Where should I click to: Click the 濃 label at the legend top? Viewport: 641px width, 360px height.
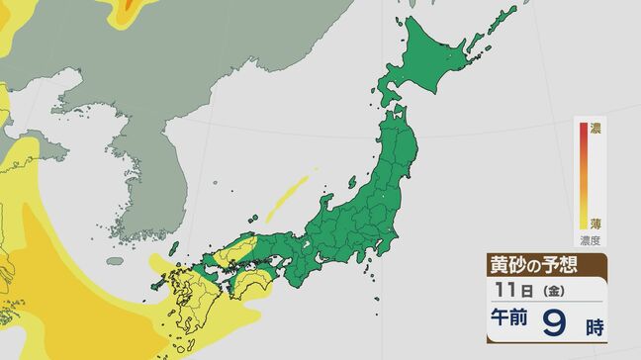(595, 129)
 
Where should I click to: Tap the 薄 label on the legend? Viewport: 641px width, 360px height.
(595, 225)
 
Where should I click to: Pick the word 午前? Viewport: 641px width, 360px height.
(507, 321)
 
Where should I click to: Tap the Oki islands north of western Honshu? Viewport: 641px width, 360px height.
(254, 215)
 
